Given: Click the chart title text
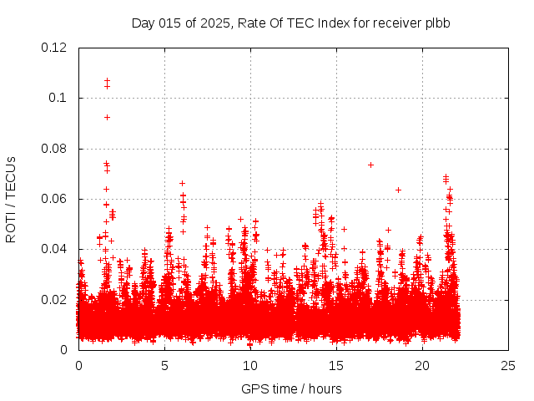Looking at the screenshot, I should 290,23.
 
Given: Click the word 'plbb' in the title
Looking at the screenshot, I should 436,23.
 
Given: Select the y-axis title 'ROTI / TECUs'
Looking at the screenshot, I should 11,199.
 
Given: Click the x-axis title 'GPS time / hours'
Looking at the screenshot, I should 291,388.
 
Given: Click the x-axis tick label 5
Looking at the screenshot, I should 164,365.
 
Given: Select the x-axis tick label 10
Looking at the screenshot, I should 250,365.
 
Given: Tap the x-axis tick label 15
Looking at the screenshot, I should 336,365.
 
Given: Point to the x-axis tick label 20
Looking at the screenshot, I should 422,365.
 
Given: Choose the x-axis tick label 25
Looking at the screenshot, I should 508,365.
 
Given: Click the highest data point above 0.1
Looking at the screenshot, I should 107,81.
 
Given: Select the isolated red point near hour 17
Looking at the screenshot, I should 370,165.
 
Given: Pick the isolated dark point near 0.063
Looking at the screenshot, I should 398,190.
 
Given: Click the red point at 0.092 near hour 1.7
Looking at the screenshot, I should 107,117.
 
